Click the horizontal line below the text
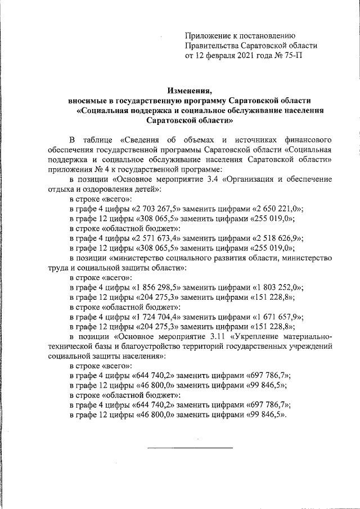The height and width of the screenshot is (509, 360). [x=190, y=448]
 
